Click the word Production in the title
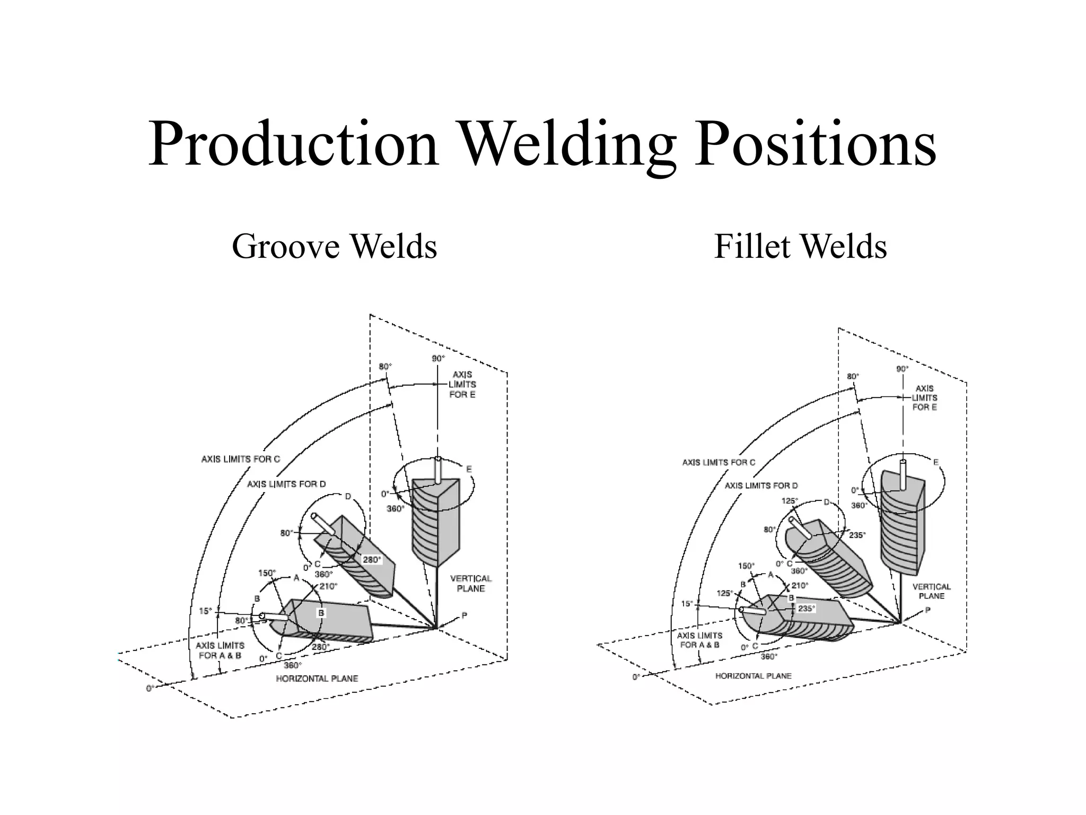click(293, 144)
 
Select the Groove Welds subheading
click(334, 246)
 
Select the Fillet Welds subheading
click(800, 246)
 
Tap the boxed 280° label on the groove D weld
click(371, 559)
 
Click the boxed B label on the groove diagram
click(321, 613)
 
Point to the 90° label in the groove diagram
click(438, 359)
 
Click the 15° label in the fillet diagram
click(687, 604)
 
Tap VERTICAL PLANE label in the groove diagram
click(471, 583)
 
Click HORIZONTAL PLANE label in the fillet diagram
click(753, 675)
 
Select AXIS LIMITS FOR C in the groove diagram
click(240, 459)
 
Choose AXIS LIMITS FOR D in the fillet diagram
click(761, 485)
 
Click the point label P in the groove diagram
click(464, 615)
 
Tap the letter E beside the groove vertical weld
click(469, 469)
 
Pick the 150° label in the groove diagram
click(267, 573)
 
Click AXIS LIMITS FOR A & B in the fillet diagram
click(699, 640)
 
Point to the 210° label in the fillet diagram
click(800, 586)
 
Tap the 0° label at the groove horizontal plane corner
click(151, 688)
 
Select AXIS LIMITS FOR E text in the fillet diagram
click(924, 397)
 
